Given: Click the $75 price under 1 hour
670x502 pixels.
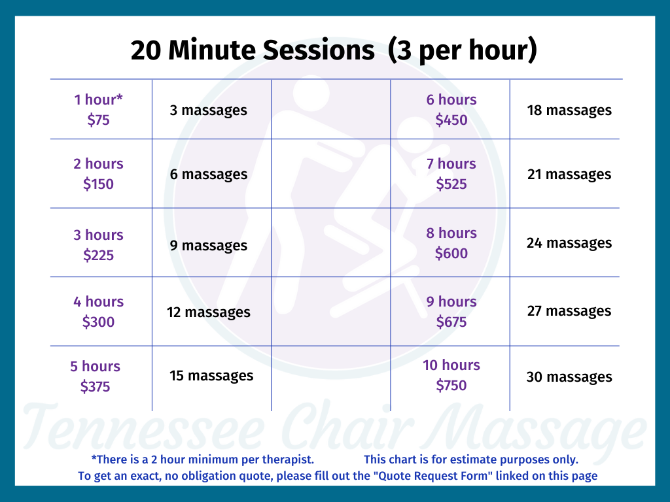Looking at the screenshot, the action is [98, 120].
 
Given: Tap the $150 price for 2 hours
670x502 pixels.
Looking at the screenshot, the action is [98, 184].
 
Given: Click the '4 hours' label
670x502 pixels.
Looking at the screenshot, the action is [98, 301].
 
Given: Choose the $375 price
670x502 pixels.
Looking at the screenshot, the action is [96, 386].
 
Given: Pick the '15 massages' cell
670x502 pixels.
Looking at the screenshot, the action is [211, 376].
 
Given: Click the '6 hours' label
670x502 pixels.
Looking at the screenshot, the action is [451, 99].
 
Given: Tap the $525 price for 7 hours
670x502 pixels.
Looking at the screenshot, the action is [451, 184].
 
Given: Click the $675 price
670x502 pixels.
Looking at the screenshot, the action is [451, 322].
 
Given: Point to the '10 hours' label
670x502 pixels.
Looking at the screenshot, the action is [451, 365].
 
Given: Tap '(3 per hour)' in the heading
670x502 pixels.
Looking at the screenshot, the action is [463, 51].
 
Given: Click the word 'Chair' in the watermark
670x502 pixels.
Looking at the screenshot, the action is [347, 424].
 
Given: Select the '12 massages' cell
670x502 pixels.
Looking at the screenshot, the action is [209, 312].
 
